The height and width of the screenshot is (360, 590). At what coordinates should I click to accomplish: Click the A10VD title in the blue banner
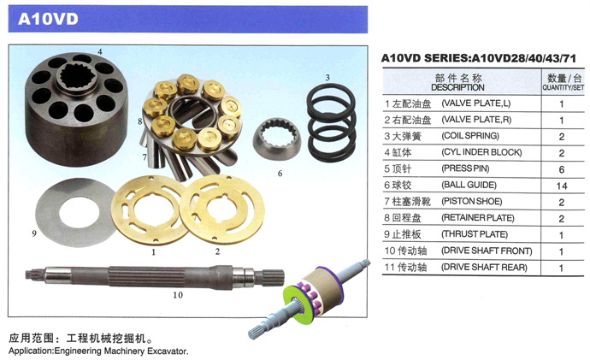pos(48,19)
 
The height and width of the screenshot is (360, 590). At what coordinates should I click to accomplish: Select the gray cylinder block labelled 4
pos(76,109)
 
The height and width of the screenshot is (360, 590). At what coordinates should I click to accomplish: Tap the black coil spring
pos(331,122)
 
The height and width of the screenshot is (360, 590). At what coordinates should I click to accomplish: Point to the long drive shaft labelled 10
pos(154,277)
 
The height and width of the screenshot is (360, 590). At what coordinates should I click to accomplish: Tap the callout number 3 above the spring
pos(327,78)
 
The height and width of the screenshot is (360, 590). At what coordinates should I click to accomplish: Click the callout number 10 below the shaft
pos(178,295)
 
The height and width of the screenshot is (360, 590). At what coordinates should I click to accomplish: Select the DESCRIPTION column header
pos(457,88)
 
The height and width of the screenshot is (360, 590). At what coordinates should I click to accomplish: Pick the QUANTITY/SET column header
pos(563,88)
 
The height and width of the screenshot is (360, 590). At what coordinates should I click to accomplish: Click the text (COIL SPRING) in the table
pos(470,136)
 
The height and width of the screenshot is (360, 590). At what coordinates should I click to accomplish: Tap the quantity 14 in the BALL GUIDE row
pos(562,186)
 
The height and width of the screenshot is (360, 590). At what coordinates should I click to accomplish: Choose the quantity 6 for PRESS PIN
pos(562,169)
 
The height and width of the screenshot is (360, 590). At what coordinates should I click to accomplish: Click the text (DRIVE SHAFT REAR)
pos(484,268)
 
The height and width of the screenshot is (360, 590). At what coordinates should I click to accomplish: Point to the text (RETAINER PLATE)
pos(478,218)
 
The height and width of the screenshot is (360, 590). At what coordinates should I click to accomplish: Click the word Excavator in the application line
pos(167,351)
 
